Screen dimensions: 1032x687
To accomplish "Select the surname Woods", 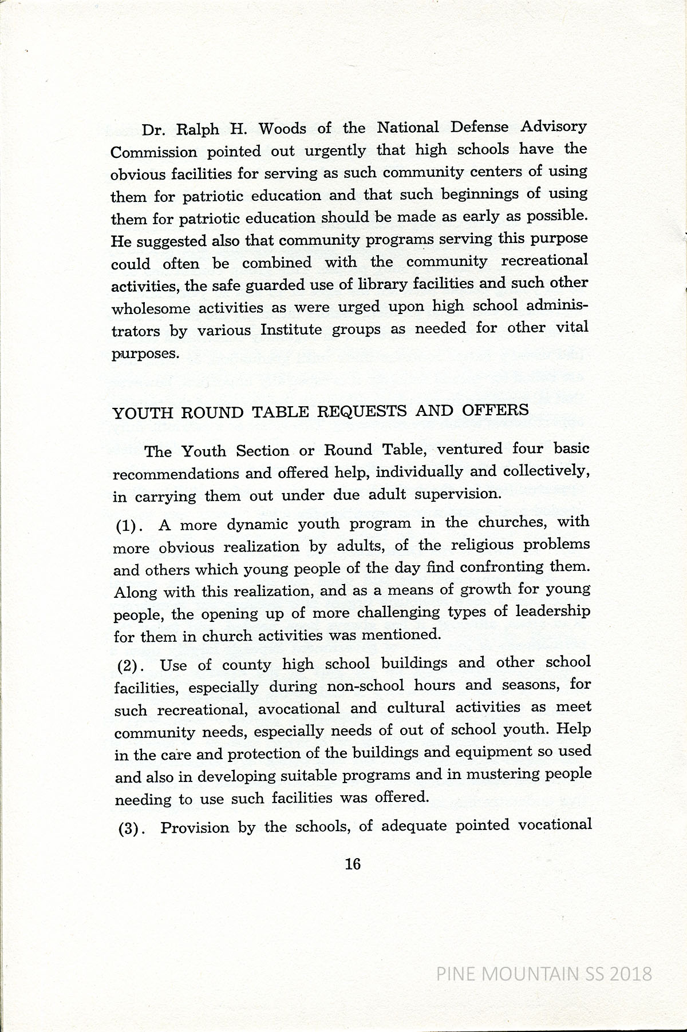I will [282, 129].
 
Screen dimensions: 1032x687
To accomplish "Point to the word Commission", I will [153, 152].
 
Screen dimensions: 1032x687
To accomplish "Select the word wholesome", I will [151, 308].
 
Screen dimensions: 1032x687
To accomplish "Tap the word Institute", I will [291, 330].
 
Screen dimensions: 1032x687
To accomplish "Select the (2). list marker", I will [130, 666].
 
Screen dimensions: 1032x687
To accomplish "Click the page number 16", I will [353, 864].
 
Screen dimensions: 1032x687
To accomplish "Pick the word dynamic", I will [254, 524].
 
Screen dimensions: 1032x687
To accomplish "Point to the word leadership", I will [552, 612].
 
